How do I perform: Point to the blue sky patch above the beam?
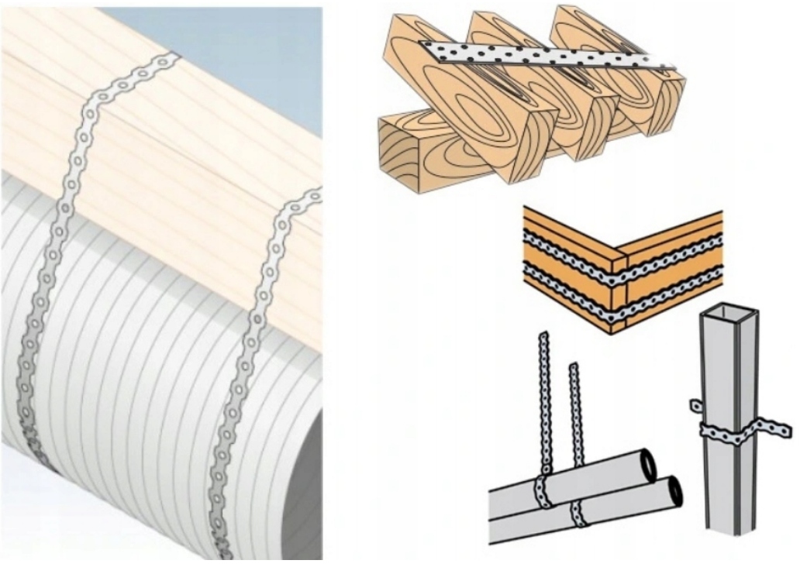click(233, 46)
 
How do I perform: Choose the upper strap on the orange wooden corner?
click(620, 252)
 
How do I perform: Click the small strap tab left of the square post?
click(695, 404)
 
